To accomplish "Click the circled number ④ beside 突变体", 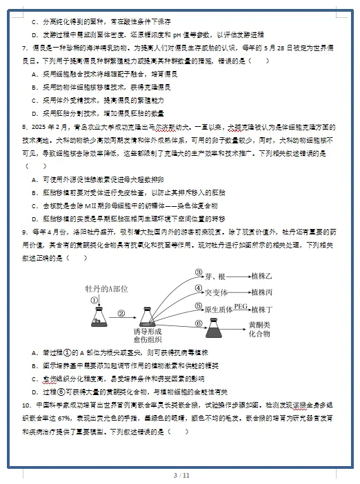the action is pos(199,289).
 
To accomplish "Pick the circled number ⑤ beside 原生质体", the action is pos(199,306).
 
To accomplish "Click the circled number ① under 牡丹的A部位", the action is pos(94,300).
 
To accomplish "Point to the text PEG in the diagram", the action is pos(240,304).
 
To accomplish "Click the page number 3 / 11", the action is pos(181,475).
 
